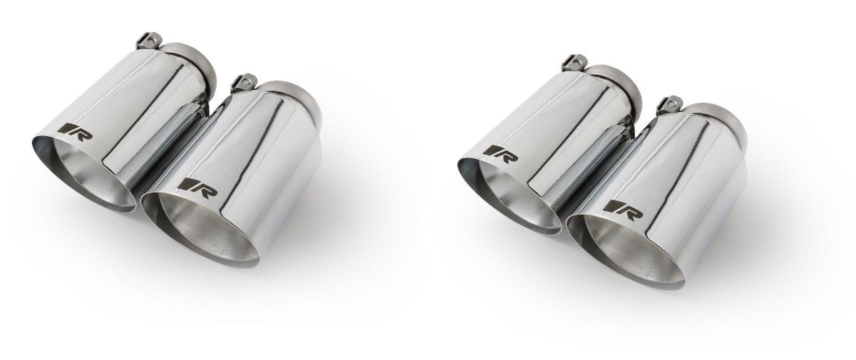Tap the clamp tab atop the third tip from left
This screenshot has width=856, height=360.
[x=571, y=61]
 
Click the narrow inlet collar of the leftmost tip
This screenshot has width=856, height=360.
[x=192, y=57]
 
